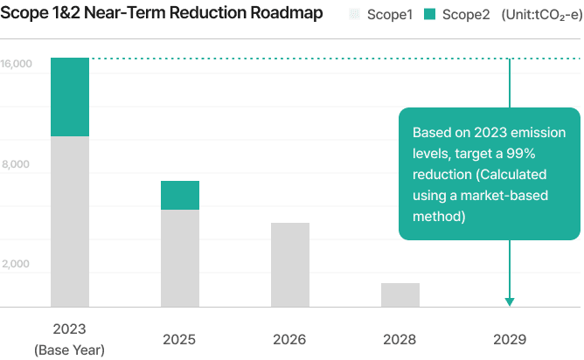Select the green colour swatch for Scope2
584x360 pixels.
click(431, 15)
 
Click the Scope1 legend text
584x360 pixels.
click(391, 15)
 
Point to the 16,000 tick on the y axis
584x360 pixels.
click(17, 64)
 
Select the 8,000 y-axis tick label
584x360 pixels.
click(17, 164)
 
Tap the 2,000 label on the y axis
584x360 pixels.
click(17, 264)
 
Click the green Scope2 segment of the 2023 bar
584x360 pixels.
click(70, 97)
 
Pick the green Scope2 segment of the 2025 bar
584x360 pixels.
click(180, 195)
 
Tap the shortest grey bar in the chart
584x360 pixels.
click(400, 295)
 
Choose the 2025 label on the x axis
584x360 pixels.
click(180, 338)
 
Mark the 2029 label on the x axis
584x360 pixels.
click(510, 338)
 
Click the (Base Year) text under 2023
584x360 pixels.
click(70, 350)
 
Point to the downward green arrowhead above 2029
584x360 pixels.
click(510, 302)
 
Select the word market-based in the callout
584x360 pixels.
click(508, 195)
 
